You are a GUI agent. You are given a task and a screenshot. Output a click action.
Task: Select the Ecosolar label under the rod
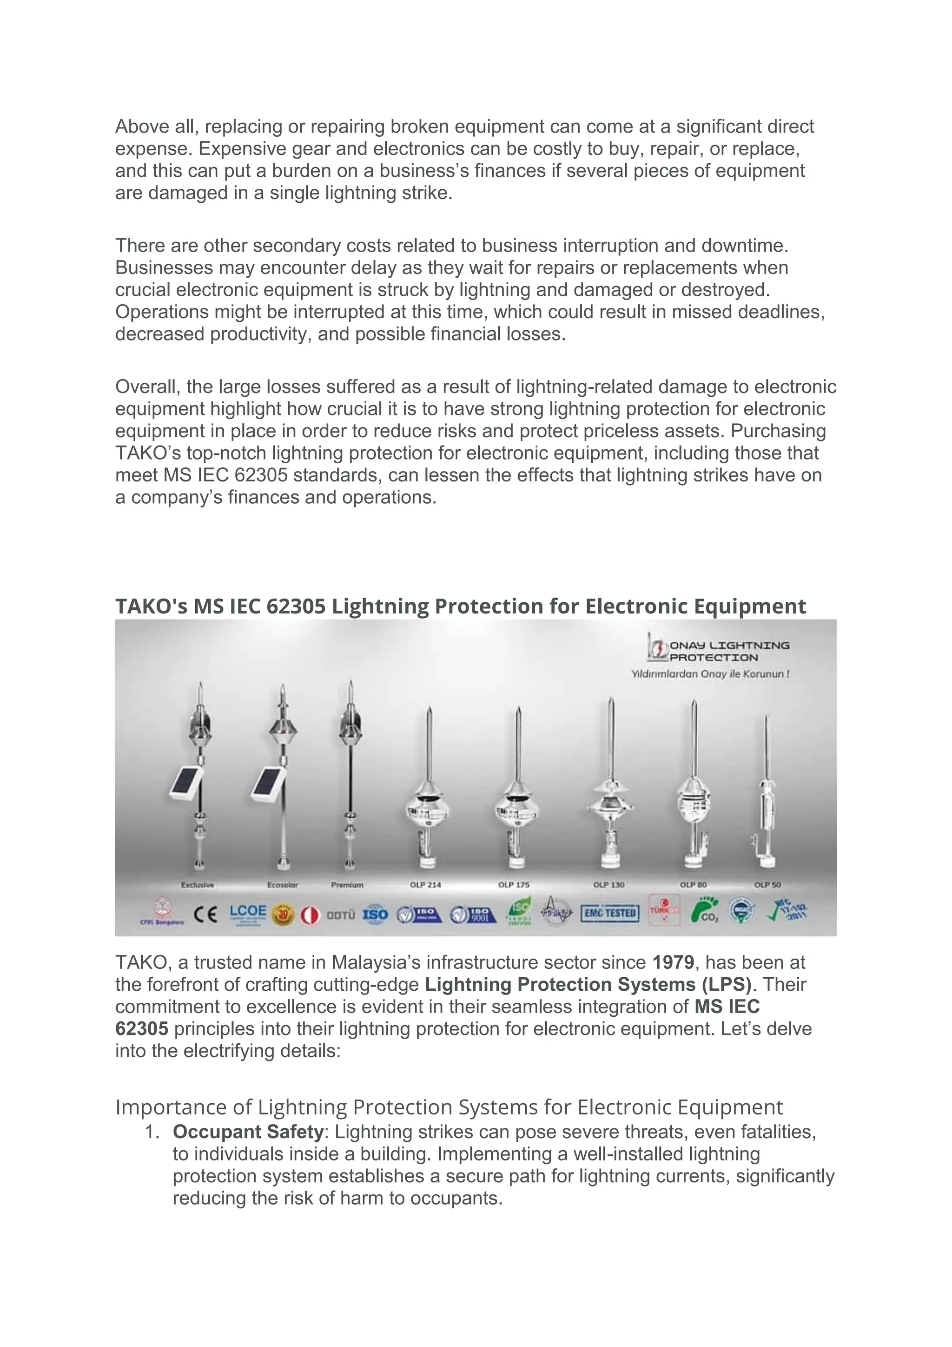[x=282, y=885]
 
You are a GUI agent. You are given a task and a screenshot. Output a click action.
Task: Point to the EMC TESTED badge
[x=610, y=913]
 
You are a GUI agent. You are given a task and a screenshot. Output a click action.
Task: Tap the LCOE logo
[x=247, y=913]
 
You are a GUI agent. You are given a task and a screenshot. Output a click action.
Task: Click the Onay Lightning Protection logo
[x=718, y=651]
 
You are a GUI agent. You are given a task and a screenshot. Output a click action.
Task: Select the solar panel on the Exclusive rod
[x=186, y=784]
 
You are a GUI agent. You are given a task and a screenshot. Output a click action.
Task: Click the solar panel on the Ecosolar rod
[x=268, y=784]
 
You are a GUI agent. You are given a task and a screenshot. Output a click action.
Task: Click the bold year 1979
[x=673, y=963]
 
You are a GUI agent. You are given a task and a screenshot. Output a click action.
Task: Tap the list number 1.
[x=152, y=1132]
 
